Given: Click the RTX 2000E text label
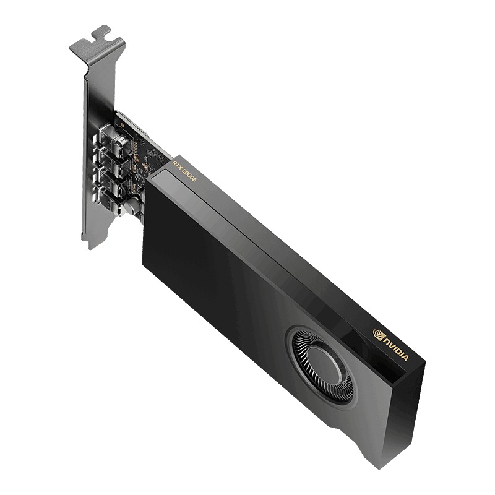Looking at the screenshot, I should pyautogui.click(x=185, y=169).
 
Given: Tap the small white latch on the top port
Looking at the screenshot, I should pyautogui.click(x=123, y=142).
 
